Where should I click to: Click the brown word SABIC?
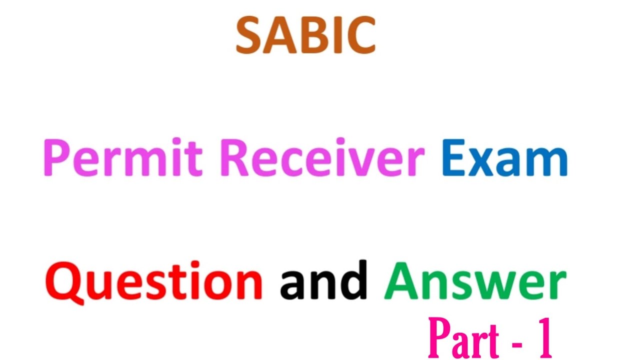tap(305, 36)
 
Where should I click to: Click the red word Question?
tap(154, 281)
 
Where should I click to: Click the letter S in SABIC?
tap(248, 36)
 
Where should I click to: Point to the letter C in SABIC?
tap(361, 36)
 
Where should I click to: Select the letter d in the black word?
tap(354, 280)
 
